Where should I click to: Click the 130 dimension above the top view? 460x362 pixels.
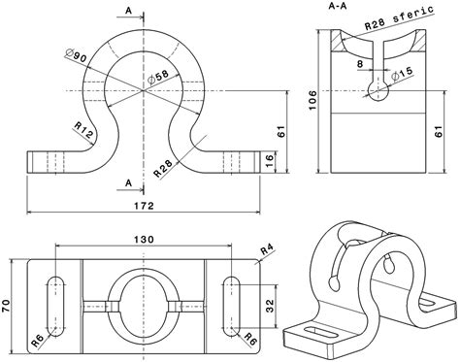[x=145, y=240]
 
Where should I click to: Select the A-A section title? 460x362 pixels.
[x=341, y=8]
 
